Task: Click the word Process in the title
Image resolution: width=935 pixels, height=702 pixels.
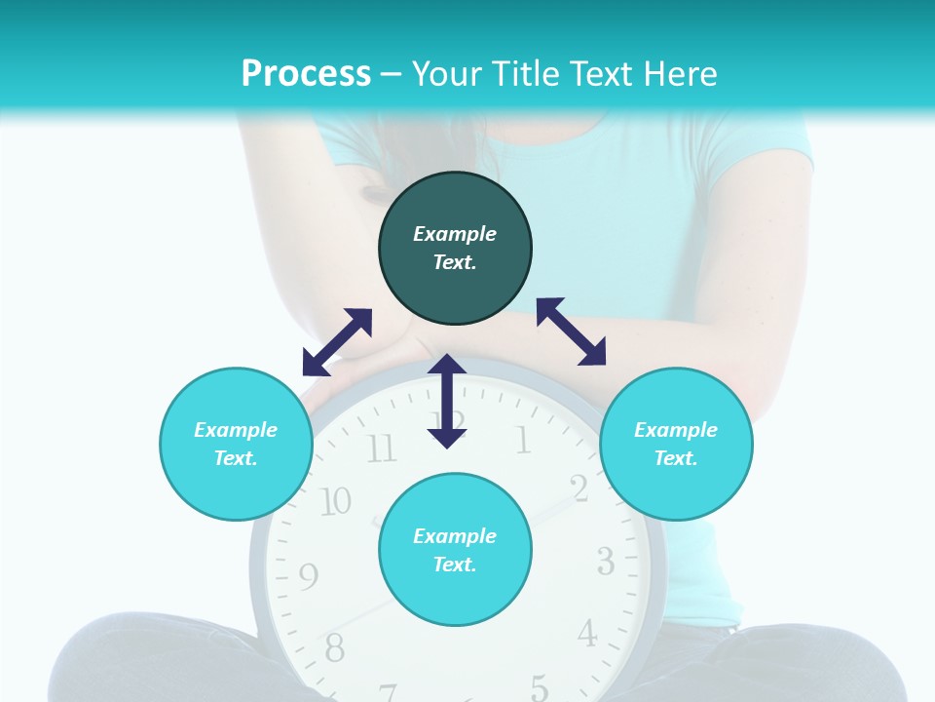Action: tap(306, 74)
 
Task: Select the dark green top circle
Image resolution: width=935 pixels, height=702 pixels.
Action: tap(455, 249)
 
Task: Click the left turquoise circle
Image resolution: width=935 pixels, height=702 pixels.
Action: tap(236, 444)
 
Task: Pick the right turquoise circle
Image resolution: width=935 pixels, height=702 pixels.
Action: tap(676, 444)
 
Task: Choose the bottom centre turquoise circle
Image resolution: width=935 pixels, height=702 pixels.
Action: tap(455, 550)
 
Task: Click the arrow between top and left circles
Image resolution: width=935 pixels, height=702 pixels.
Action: tap(337, 342)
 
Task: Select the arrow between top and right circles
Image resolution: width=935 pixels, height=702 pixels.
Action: tap(571, 331)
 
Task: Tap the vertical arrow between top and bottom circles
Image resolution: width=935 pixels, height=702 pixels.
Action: tap(447, 401)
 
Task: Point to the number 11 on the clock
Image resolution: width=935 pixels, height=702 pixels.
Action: tap(381, 449)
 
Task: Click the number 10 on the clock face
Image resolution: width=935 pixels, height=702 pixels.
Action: tap(335, 501)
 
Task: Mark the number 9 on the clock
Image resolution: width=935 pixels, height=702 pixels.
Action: tap(308, 577)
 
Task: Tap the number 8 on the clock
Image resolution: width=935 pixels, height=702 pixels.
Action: tap(334, 645)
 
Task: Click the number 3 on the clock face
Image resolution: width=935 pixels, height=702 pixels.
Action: tap(605, 562)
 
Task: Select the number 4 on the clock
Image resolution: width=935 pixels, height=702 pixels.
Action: tap(586, 634)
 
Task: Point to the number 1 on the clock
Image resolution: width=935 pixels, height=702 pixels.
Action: tap(523, 441)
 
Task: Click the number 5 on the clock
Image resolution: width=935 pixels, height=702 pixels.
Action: tap(539, 686)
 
